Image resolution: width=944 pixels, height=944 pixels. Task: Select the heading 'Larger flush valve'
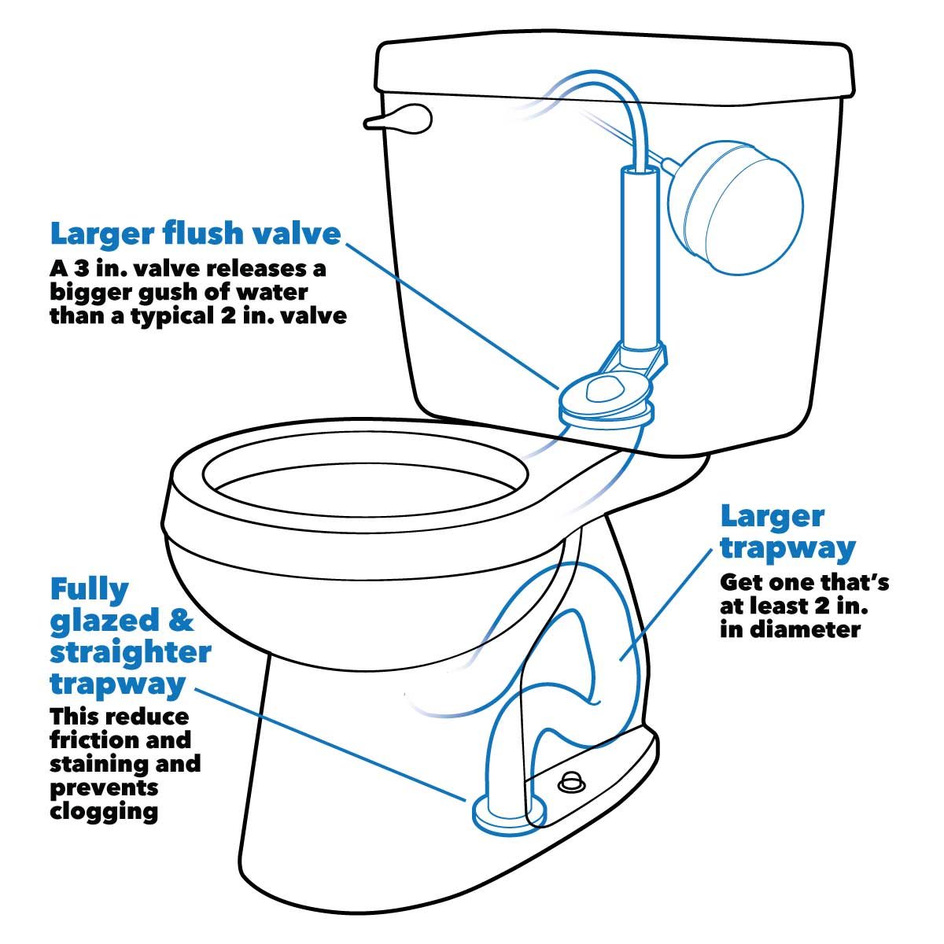196,234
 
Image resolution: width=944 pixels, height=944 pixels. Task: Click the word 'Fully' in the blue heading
90,589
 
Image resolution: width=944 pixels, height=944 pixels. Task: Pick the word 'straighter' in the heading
131,652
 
